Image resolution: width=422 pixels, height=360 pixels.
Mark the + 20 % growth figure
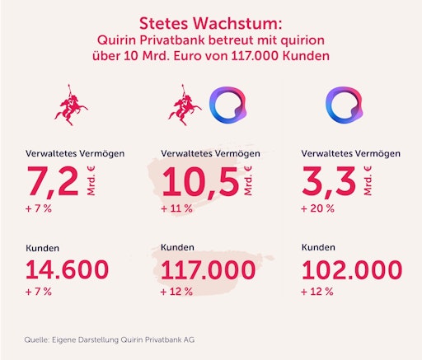319,208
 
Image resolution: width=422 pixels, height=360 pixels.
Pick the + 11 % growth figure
175,208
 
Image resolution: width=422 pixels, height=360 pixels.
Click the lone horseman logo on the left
68,105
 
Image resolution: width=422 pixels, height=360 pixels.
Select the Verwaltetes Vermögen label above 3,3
352,153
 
